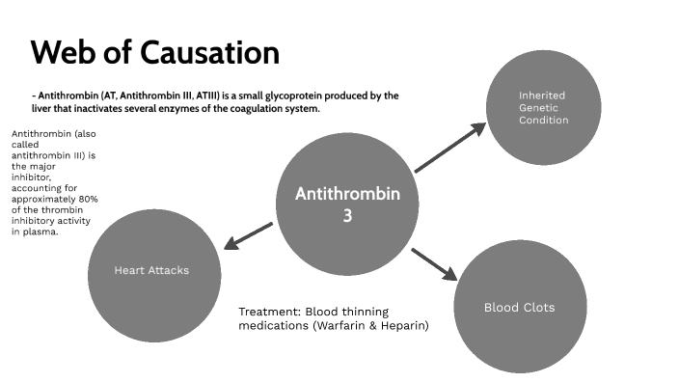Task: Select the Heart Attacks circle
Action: [x=151, y=270]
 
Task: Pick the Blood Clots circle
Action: [x=519, y=308]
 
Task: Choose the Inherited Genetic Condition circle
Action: [x=542, y=108]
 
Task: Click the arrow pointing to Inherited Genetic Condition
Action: [x=450, y=148]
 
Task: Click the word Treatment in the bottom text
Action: [x=268, y=312]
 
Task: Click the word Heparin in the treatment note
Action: [x=405, y=326]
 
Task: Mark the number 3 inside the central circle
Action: [x=347, y=216]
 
